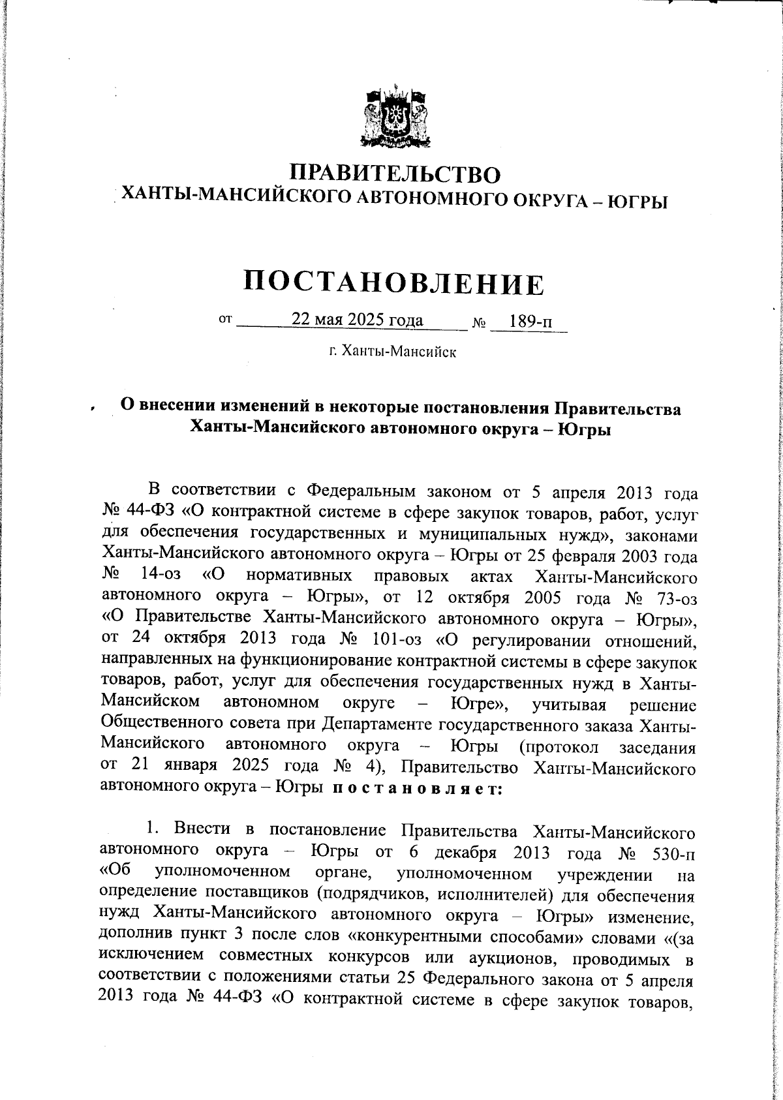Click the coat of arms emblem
(x=396, y=117)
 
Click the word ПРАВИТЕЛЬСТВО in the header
(x=396, y=174)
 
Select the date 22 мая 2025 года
(x=357, y=320)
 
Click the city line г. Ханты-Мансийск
(x=392, y=353)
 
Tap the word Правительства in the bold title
(x=617, y=409)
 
